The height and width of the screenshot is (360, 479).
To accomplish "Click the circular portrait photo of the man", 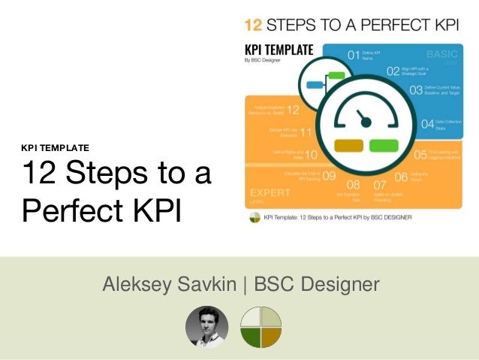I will (x=206, y=327).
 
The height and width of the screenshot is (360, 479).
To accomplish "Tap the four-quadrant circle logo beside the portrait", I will (x=261, y=327).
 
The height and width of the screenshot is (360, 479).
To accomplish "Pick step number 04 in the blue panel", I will (x=429, y=124).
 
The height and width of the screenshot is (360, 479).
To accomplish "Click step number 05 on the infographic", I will (x=420, y=156).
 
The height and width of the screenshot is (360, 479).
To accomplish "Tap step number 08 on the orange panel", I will (x=354, y=185).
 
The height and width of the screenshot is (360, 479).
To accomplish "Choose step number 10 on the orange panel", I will (x=309, y=155).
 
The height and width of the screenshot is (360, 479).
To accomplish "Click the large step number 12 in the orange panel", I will (x=294, y=111).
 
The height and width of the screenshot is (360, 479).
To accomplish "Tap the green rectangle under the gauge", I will (x=384, y=145).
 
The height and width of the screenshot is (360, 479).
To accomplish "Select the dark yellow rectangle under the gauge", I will (x=348, y=145).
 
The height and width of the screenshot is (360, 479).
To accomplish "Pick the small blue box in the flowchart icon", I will (x=315, y=84).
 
